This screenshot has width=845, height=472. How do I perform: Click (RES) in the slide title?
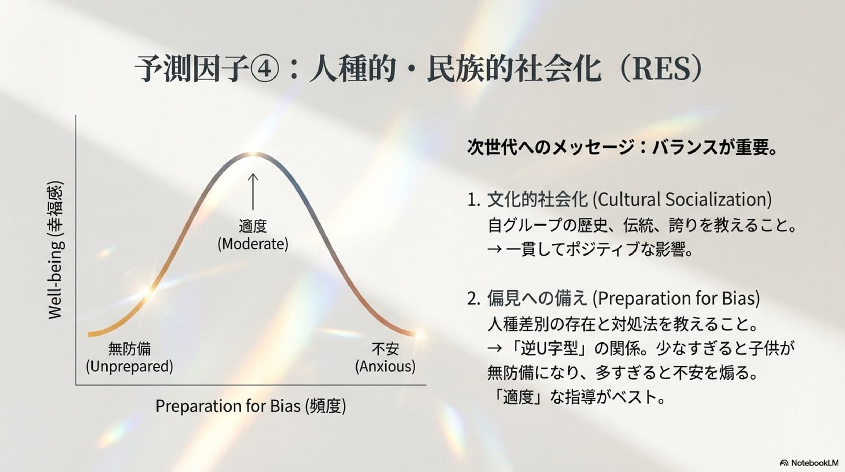click(x=663, y=69)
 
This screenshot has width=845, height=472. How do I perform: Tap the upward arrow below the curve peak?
click(x=253, y=191)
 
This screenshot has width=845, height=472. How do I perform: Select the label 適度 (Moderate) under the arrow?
click(x=253, y=235)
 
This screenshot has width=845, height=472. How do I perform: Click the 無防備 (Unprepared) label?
click(x=129, y=357)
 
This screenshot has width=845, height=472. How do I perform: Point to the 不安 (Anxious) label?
click(x=385, y=357)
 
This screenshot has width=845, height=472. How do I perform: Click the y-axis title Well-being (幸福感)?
click(x=56, y=250)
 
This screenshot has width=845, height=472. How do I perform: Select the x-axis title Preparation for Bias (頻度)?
click(x=251, y=406)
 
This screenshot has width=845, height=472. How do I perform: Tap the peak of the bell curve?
click(x=253, y=154)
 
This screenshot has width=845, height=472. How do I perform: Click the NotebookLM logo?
click(x=809, y=463)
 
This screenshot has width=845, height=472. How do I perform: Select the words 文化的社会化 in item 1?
click(x=537, y=200)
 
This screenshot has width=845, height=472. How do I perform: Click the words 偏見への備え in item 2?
click(x=537, y=298)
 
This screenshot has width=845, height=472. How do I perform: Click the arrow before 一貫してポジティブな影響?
click(x=494, y=250)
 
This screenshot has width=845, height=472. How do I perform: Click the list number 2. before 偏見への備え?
click(x=474, y=299)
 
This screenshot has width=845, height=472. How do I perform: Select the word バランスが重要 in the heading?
click(x=708, y=147)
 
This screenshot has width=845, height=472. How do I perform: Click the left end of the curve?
click(x=89, y=334)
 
